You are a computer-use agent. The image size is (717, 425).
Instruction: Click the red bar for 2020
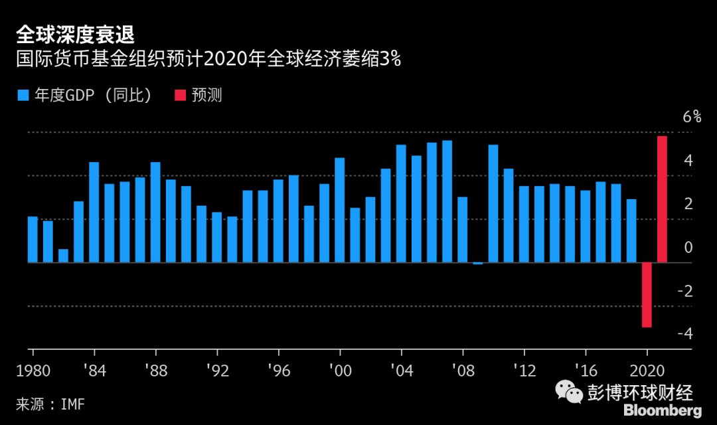(x=647, y=295)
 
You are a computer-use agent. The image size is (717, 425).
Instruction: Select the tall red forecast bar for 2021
(x=662, y=199)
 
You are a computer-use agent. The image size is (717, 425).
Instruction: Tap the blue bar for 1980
(x=33, y=240)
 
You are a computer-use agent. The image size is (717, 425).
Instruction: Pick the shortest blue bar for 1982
(x=63, y=256)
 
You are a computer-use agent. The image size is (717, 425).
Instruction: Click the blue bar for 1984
(x=94, y=212)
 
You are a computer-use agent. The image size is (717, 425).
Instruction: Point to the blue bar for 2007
(x=447, y=202)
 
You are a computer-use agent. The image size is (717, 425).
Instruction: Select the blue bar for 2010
(x=493, y=204)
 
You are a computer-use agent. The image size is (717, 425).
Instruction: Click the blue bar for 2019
(x=631, y=231)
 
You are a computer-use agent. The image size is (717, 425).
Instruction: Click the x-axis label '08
(x=462, y=371)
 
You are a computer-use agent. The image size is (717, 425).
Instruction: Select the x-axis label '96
(x=278, y=371)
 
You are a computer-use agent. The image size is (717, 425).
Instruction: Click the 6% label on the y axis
(x=692, y=117)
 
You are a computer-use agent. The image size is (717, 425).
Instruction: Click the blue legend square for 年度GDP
(x=23, y=96)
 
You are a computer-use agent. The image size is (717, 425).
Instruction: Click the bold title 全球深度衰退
(x=77, y=35)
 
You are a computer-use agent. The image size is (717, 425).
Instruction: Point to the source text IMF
(x=73, y=404)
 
